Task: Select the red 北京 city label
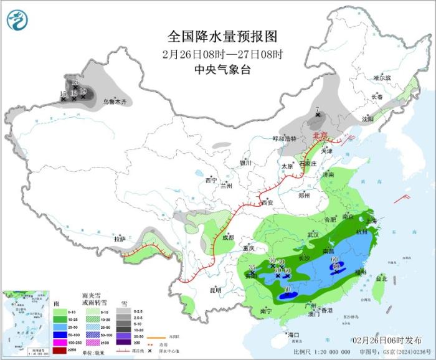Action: point(320,135)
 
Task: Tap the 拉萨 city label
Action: point(120,239)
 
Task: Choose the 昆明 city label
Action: point(215,290)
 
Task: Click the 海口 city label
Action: point(294,335)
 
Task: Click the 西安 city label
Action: point(267,202)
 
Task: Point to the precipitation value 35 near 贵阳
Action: point(252,268)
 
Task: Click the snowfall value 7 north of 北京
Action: point(317,110)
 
